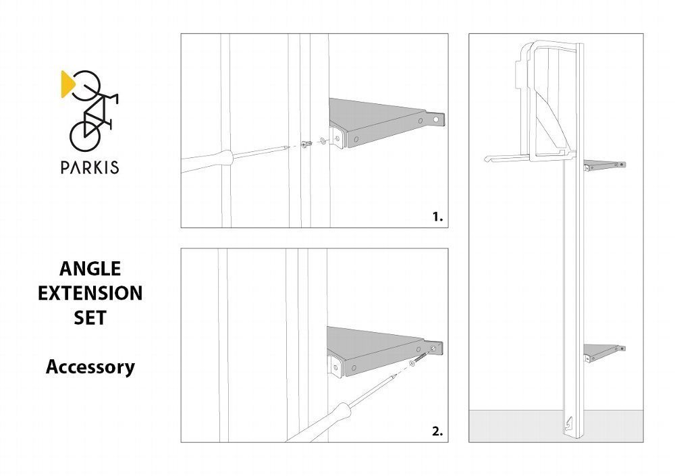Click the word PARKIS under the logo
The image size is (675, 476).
[x=90, y=167]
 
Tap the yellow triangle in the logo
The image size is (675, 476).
[x=67, y=84]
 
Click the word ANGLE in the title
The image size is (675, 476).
[x=90, y=269]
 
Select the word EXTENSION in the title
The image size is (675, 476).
[x=90, y=293]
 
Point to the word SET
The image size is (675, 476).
[x=90, y=318]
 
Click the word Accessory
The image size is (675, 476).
[x=90, y=367]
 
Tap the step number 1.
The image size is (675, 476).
[x=437, y=217]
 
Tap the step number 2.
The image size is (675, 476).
[x=437, y=431]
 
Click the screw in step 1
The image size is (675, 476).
[x=307, y=144]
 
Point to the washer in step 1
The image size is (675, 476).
[x=323, y=141]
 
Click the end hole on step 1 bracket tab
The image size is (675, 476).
[x=436, y=119]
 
